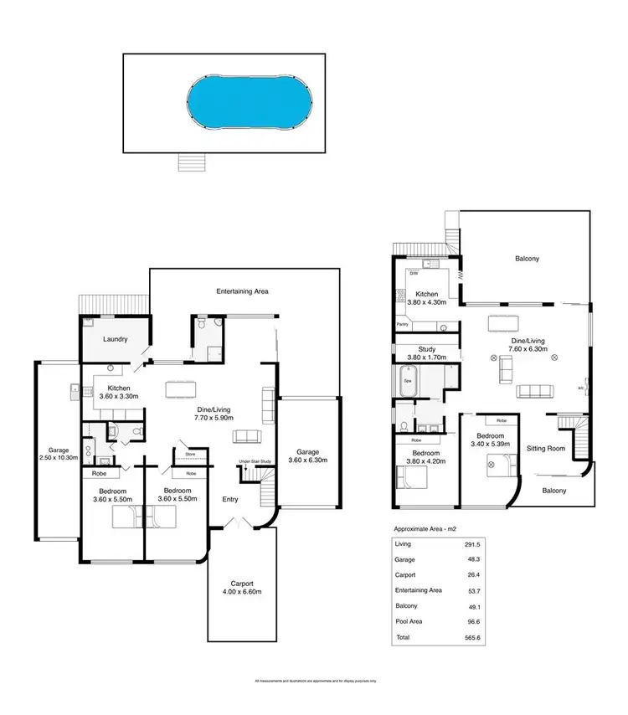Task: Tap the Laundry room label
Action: coord(115,339)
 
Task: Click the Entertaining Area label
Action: coord(242,291)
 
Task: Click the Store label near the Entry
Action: coord(179,456)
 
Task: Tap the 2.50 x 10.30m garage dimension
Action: coord(59,458)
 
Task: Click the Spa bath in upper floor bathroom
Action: coord(409,381)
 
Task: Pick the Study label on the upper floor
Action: coord(427,348)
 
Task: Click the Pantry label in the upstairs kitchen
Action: coord(403,321)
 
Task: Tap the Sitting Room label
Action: coord(545,449)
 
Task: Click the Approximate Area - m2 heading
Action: coord(425,529)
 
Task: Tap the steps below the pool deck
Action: coord(191,162)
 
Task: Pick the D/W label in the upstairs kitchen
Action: coord(413,272)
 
